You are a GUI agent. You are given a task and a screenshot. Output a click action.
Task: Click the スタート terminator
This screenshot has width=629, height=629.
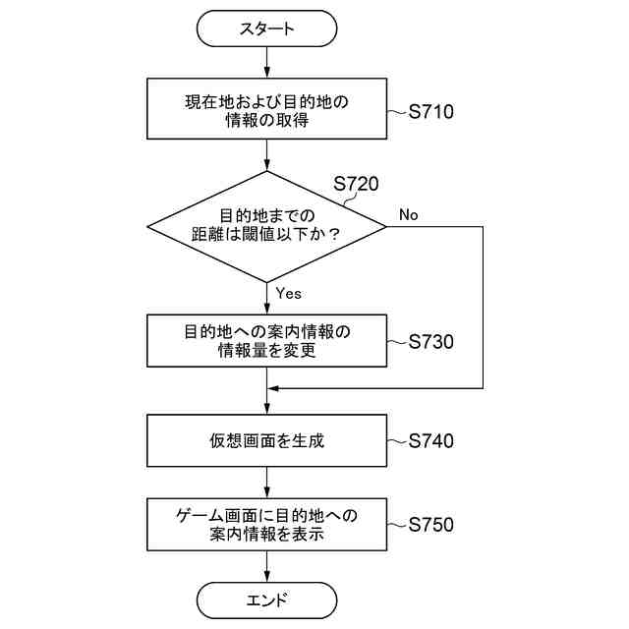[266, 29]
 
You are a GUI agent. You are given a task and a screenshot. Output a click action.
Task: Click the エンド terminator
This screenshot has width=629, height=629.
[266, 599]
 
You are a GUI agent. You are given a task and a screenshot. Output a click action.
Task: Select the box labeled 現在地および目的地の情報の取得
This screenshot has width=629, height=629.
[266, 110]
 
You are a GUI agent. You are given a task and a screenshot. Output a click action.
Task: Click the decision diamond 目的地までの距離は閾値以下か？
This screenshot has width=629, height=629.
[266, 226]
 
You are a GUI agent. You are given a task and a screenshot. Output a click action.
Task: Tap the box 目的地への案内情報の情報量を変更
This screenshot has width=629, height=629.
[266, 340]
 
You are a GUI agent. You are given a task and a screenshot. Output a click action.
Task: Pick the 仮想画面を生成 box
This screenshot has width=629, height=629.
[266, 441]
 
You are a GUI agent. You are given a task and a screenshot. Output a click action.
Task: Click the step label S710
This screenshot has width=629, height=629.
[430, 112]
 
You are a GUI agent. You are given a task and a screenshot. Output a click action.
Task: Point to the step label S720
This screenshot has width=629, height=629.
[355, 184]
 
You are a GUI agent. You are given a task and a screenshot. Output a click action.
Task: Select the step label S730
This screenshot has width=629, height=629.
[430, 342]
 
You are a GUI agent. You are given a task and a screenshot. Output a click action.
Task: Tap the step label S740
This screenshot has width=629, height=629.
[430, 441]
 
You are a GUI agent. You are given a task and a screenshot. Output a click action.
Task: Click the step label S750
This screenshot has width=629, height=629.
[430, 525]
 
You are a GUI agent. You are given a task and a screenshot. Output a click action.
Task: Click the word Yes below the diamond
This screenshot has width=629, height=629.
[288, 293]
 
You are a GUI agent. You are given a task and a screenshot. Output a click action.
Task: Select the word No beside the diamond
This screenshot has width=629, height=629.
[409, 215]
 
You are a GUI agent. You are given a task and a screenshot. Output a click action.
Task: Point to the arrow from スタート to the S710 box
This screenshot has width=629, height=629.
[266, 62]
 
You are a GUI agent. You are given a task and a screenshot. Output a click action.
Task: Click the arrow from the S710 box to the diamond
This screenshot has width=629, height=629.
[266, 155]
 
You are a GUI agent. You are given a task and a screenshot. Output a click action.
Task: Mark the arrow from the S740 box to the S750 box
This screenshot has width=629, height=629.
[266, 483]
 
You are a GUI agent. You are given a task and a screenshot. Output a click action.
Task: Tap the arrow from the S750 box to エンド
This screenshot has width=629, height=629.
[266, 565]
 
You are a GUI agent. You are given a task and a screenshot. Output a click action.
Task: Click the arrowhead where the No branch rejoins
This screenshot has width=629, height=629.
[273, 389]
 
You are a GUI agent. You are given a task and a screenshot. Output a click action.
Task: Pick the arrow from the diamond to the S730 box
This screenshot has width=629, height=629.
[266, 298]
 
